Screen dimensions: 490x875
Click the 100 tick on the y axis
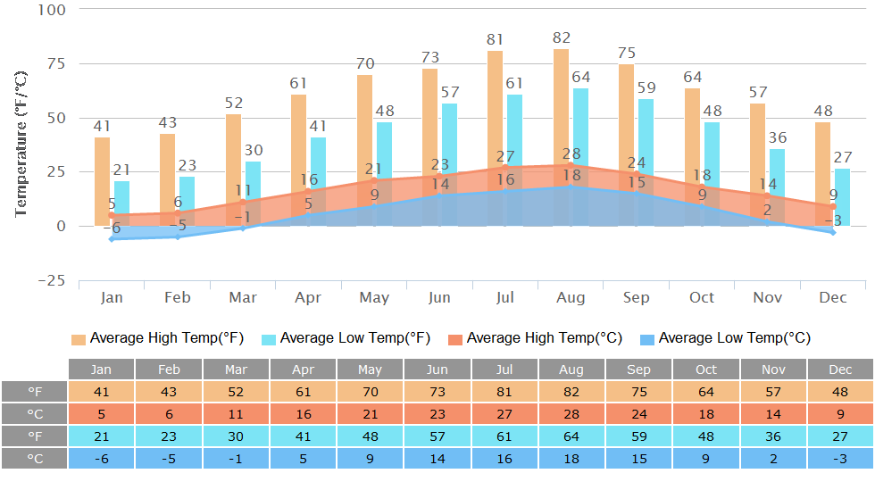tap(54, 9)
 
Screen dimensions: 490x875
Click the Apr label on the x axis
tap(308, 297)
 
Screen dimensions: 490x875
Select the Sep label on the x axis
tap(637, 297)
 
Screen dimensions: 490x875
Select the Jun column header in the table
tap(437, 370)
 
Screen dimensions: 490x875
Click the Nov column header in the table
tap(773, 370)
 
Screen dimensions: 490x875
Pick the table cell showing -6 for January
tap(102, 458)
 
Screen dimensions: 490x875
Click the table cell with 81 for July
tap(504, 391)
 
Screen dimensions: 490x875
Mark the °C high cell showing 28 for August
tap(571, 413)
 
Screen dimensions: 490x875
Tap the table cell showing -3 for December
tap(840, 458)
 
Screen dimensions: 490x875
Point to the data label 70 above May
tap(364, 64)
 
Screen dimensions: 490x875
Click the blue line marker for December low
tap(832, 232)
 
